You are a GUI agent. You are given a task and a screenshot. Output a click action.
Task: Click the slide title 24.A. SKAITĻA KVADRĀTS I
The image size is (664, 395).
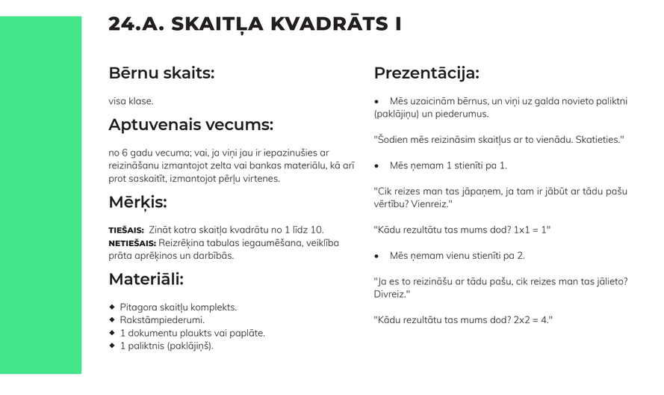coord(255,24)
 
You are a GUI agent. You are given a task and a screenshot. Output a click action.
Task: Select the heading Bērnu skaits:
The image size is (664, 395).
coord(161,73)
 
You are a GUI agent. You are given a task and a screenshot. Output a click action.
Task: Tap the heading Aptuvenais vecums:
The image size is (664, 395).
coord(190,125)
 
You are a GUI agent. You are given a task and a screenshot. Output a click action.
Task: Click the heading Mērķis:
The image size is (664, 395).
coord(137,203)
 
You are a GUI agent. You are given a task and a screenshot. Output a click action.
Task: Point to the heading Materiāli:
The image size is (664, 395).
coord(146,280)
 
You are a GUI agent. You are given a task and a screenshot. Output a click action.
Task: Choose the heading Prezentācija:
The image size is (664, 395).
coord(426,73)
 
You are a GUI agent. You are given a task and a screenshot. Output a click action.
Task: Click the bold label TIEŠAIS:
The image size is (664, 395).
coord(126,230)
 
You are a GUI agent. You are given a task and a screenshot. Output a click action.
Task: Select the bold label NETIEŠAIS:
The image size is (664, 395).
coord(132,243)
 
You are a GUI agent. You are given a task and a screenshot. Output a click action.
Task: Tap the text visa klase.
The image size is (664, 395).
coord(131,101)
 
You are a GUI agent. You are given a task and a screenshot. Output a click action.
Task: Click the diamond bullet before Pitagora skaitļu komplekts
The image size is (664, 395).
coord(112,307)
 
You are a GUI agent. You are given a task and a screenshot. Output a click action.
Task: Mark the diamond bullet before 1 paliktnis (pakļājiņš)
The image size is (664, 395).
coord(112,346)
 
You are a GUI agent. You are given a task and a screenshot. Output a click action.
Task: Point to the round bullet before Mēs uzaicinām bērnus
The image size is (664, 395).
coord(376,101)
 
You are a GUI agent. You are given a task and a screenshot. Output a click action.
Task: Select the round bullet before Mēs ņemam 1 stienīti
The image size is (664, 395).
coord(376,165)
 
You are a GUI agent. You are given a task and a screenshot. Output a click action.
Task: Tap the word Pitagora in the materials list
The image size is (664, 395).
coord(137,307)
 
